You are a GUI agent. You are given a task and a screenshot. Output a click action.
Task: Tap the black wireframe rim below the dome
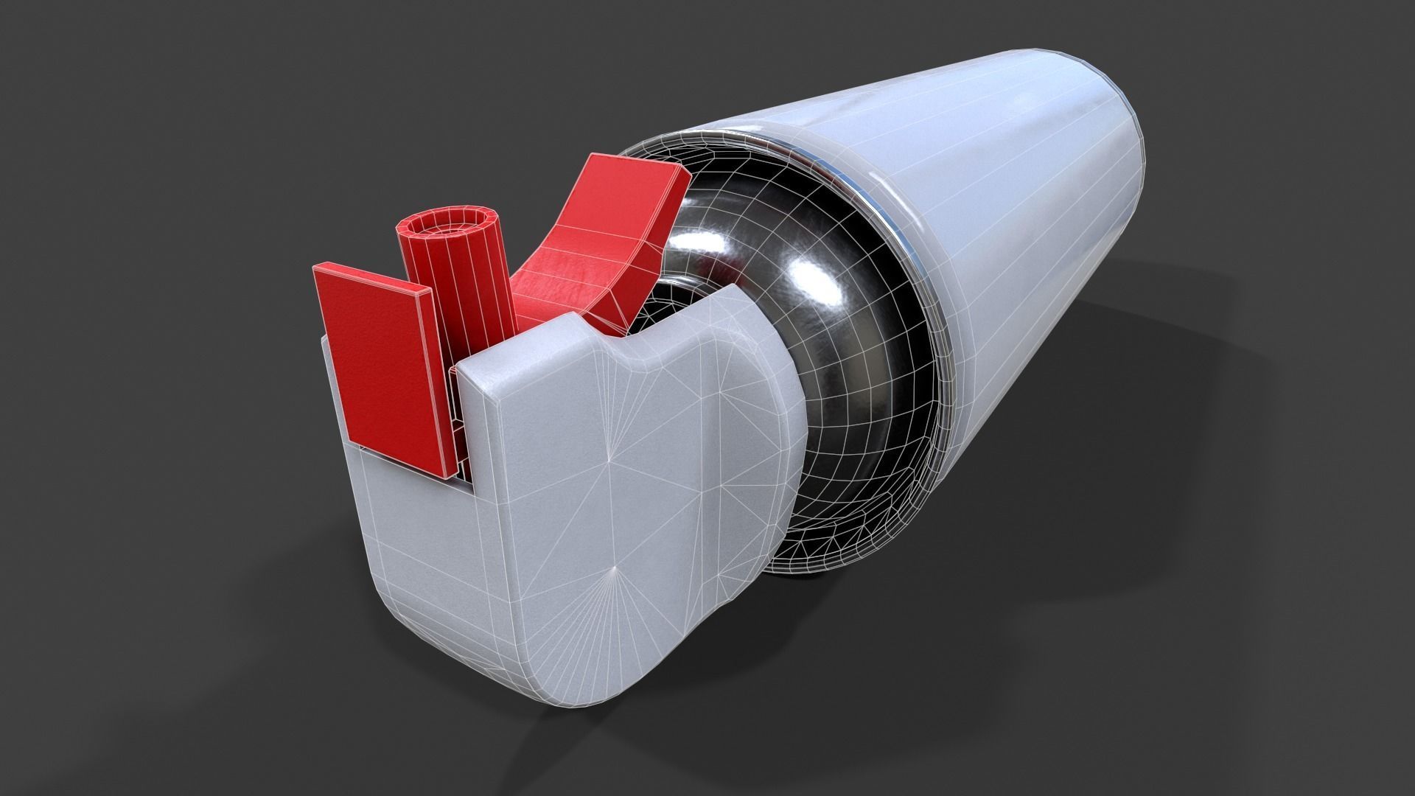click(x=833, y=545)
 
